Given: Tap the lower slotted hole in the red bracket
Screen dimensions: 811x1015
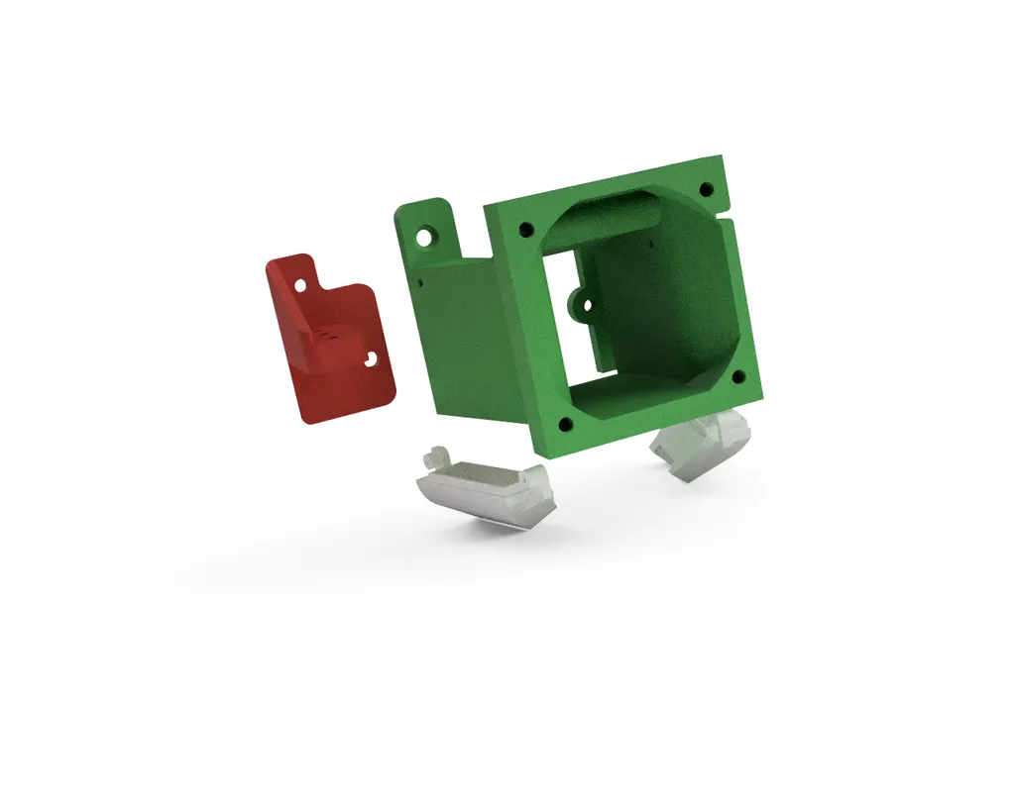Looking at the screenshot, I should tap(372, 360).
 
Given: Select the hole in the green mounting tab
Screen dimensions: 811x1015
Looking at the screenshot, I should tap(426, 239).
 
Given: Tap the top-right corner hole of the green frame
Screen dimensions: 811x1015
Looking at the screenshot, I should tap(706, 188).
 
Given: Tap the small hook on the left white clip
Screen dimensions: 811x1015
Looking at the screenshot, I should tap(434, 458).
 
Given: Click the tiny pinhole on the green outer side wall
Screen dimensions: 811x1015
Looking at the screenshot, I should tap(420, 281).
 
